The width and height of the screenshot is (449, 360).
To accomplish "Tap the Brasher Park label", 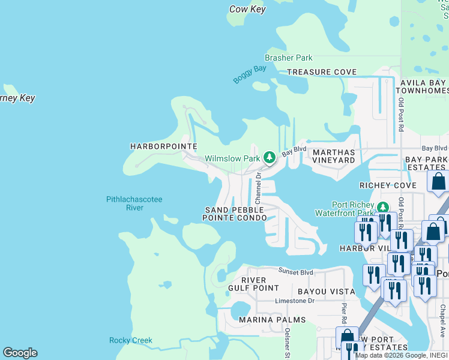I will pyautogui.click(x=289, y=58).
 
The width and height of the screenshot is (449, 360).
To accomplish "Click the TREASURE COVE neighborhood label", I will pyautogui.click(x=322, y=72).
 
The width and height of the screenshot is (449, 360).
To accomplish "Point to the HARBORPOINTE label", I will pyautogui.click(x=163, y=146).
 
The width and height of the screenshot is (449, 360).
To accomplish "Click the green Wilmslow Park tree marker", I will pyautogui.click(x=270, y=158).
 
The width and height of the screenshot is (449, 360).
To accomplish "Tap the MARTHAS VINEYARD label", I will pyautogui.click(x=334, y=157).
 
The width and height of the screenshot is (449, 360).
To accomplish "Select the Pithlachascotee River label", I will pyautogui.click(x=134, y=203).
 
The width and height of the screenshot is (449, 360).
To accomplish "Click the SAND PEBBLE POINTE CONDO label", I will pyautogui.click(x=234, y=214).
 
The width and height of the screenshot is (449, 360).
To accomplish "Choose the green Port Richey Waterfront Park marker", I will pyautogui.click(x=382, y=208).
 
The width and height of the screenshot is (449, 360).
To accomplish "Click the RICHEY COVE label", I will pyautogui.click(x=387, y=186).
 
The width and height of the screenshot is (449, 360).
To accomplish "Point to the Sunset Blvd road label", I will pyautogui.click(x=296, y=272).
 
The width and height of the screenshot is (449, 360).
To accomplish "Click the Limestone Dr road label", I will pyautogui.click(x=295, y=301).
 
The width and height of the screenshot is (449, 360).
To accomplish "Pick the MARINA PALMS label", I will pyautogui.click(x=272, y=320).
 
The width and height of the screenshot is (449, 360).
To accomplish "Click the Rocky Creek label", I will pyautogui.click(x=131, y=341).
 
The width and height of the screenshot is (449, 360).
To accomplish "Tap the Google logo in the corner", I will pyautogui.click(x=20, y=353).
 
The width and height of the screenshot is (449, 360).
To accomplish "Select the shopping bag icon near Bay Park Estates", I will pyautogui.click(x=438, y=181).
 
